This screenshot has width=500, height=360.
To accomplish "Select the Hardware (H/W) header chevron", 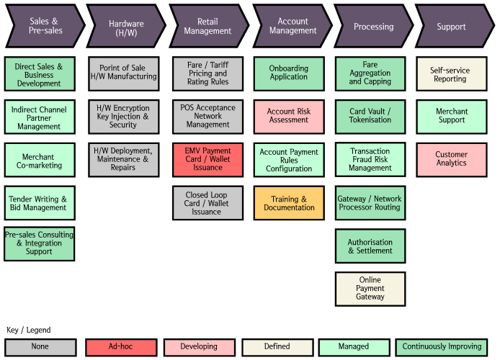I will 124,27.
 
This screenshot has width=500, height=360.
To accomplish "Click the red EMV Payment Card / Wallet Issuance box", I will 207,160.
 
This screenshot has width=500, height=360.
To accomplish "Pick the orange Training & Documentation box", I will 288,203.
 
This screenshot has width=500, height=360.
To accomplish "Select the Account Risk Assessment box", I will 288,116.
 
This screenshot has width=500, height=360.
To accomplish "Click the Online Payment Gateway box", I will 370,289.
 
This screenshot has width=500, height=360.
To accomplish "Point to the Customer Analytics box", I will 452,159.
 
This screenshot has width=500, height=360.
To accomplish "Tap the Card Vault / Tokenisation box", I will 370,116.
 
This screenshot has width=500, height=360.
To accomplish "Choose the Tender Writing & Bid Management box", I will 40,203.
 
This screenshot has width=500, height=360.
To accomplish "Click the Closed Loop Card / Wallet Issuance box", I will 207,203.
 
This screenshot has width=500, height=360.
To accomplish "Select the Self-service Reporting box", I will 452,74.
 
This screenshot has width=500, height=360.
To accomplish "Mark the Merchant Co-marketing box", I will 40,161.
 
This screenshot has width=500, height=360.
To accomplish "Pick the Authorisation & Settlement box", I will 370,246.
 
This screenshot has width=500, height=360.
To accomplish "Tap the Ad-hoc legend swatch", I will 120,346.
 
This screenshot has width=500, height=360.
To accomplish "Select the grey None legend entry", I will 40,346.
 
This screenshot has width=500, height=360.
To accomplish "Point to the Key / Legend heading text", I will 29,330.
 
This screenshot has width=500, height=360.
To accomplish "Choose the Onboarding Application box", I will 288,73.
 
